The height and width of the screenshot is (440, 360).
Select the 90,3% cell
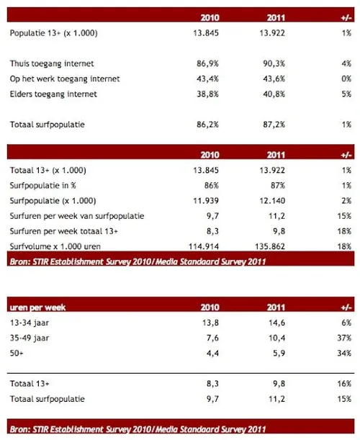click(x=276, y=63)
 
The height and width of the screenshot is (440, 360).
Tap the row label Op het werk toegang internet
click(x=65, y=78)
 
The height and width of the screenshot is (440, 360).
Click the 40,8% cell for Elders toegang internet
click(x=276, y=94)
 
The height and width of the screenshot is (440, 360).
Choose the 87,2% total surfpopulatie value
click(x=276, y=125)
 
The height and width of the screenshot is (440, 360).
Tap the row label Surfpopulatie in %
click(x=47, y=185)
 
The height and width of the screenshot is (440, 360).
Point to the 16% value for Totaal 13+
click(x=344, y=382)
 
